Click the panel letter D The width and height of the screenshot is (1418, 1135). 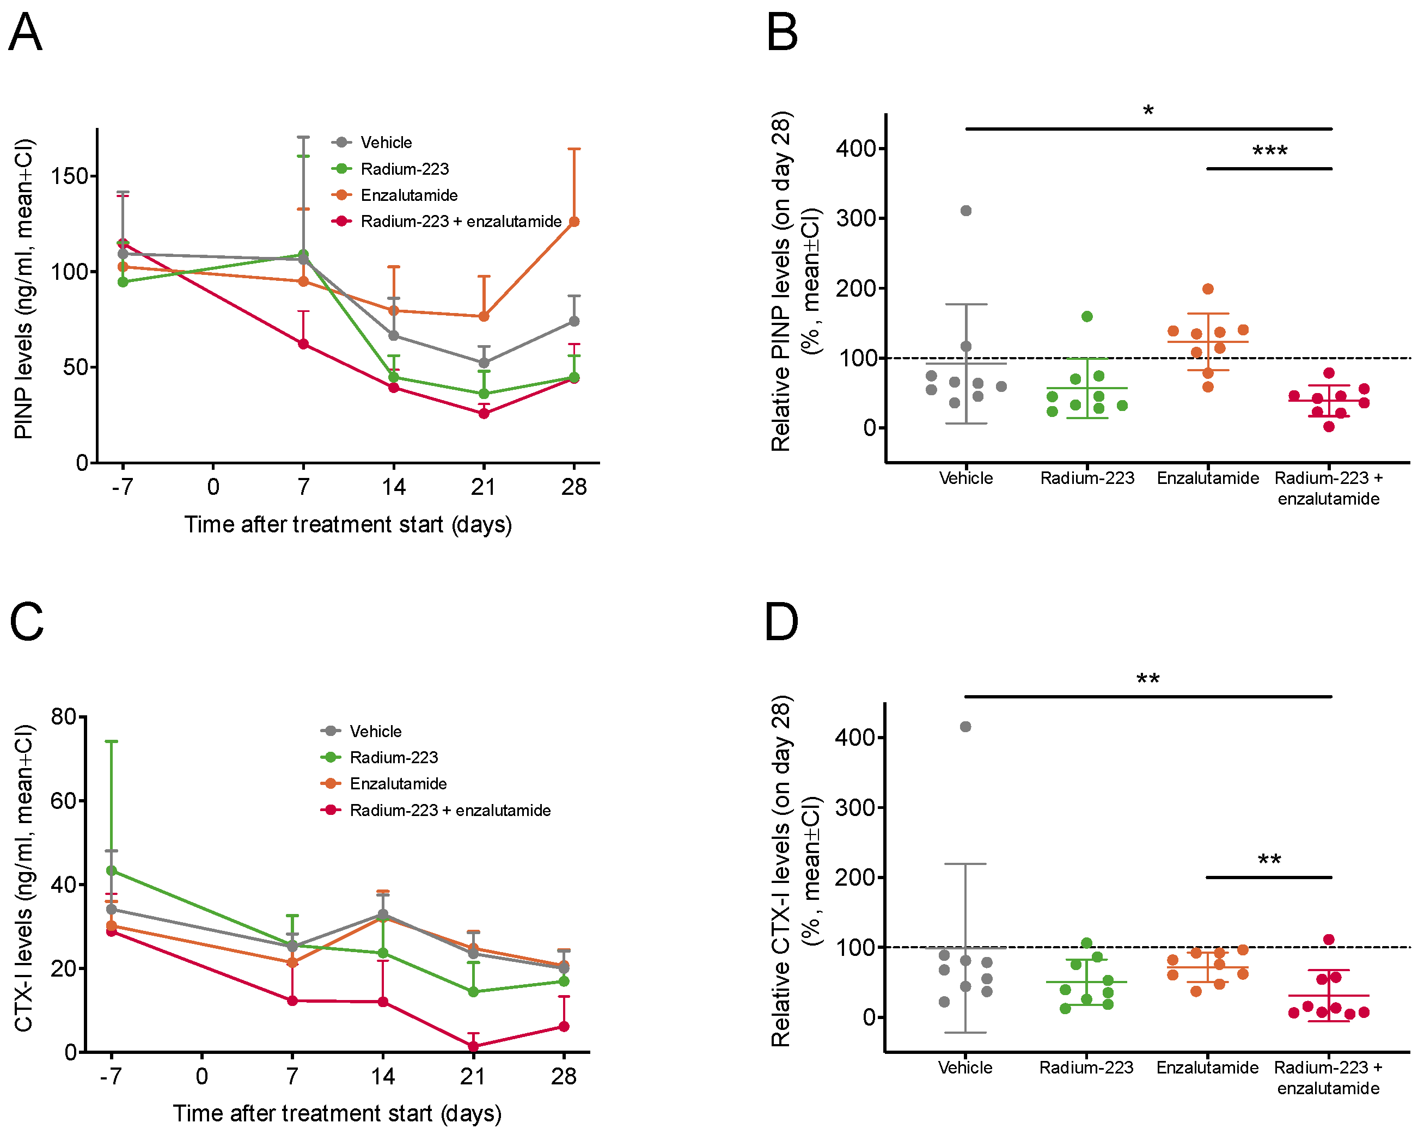click(781, 622)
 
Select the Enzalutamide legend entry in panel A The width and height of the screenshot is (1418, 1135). click(408, 195)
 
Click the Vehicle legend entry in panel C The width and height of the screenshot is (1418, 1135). click(375, 731)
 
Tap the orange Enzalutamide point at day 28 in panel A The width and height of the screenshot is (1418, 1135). click(574, 222)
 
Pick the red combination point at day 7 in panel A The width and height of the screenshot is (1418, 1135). click(303, 344)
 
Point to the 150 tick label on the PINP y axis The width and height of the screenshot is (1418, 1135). click(70, 176)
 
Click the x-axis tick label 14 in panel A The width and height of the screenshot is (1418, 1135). click(393, 487)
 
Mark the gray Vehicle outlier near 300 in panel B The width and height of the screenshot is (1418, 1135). click(966, 211)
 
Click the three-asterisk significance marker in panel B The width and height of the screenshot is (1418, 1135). click(1269, 152)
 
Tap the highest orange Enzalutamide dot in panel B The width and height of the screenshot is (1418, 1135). click(1208, 289)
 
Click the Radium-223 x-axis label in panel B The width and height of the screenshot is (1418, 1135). click(1087, 478)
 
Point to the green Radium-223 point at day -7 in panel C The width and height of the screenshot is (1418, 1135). click(112, 870)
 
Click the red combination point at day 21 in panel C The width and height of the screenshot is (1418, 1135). click(473, 1046)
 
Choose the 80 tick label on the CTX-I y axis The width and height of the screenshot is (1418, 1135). click(64, 716)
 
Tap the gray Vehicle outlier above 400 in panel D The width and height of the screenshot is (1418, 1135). click(965, 727)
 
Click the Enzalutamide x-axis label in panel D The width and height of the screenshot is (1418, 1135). click(1208, 1067)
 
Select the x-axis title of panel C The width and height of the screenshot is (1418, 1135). click(337, 1113)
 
